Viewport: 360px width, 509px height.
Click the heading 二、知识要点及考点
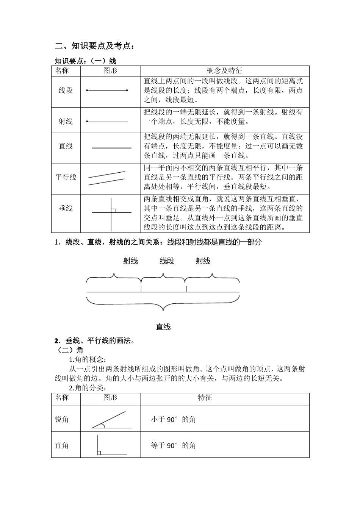tap(94, 46)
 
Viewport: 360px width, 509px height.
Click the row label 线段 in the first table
tap(66, 91)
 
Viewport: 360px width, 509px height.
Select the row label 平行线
tap(66, 177)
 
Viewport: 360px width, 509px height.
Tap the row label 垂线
tap(66, 208)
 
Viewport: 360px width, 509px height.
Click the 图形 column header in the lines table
tap(110, 70)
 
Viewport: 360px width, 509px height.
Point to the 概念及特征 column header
tap(224, 70)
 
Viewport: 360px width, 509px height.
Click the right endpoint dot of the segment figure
tap(127, 91)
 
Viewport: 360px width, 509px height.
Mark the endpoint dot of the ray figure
tap(87, 122)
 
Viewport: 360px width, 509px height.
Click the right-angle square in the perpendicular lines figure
tap(113, 210)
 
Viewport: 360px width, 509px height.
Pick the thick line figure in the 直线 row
tap(111, 148)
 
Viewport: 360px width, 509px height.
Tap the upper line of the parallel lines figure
tap(106, 175)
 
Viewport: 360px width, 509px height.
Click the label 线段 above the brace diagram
tap(167, 261)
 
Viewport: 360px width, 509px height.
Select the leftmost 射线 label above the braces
tap(130, 261)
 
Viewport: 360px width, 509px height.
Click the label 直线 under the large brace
tap(163, 327)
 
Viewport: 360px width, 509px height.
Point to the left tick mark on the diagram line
tap(141, 289)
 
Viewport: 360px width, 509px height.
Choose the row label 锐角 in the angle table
tap(62, 420)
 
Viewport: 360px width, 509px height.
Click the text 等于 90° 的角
tap(173, 445)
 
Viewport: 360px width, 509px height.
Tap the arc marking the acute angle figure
tap(103, 426)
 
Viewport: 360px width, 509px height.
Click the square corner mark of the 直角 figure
tap(99, 453)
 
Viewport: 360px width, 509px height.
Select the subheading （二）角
tap(69, 350)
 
